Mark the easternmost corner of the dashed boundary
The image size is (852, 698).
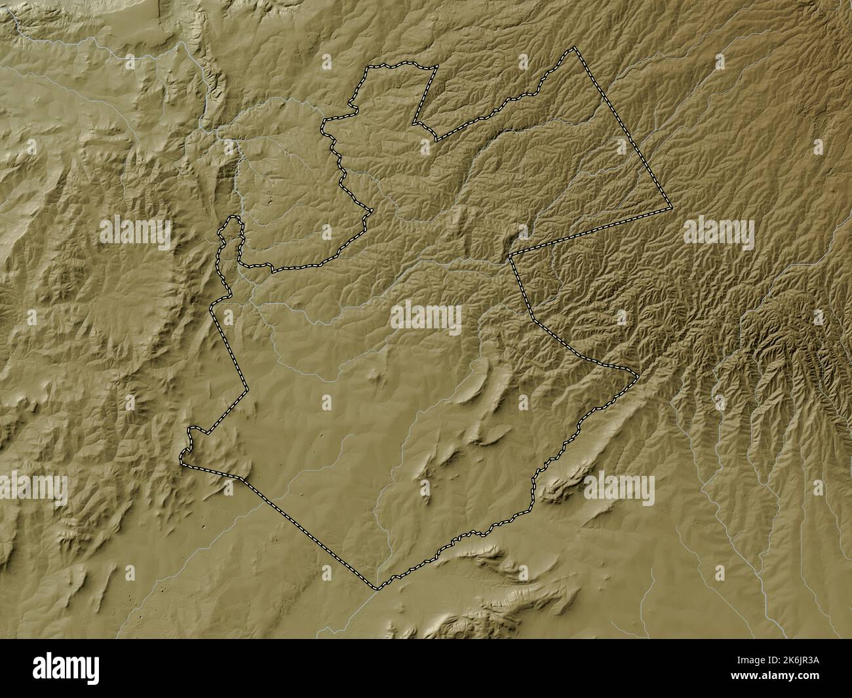(x=671, y=208)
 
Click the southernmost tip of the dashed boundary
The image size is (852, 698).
(x=376, y=588)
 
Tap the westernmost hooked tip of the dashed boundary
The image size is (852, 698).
(x=182, y=462)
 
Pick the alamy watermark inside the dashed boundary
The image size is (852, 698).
(x=426, y=318)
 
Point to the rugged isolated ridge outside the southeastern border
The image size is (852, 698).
(x=562, y=488)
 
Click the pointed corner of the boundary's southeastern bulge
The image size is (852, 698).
(x=638, y=375)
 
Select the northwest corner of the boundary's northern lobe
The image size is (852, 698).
(x=366, y=68)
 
